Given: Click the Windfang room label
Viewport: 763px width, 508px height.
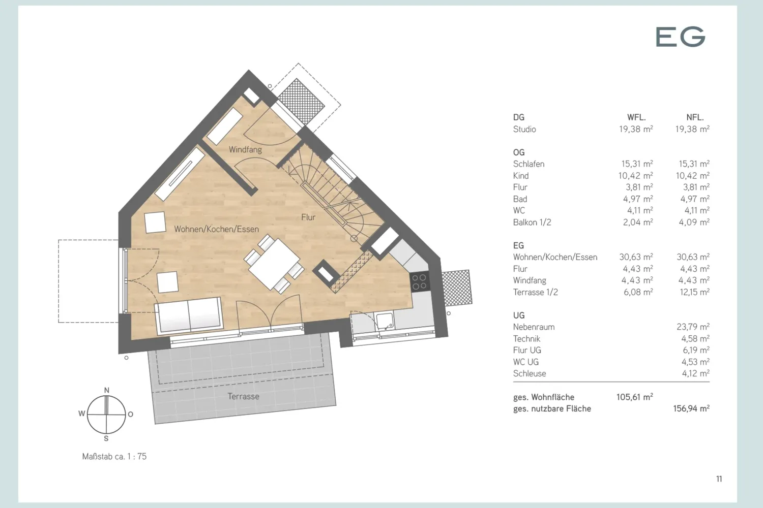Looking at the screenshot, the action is point(245,149).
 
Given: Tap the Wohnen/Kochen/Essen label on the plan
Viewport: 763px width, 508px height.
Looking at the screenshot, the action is point(217,229).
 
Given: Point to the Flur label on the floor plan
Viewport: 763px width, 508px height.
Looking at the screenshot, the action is point(308,217).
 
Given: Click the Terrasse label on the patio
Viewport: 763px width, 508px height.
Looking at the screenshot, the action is point(243,396).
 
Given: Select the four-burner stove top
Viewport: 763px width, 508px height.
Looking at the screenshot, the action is point(419,282).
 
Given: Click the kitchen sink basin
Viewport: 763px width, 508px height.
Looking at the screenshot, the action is point(385,321).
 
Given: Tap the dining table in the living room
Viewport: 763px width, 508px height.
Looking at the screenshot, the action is point(274,264).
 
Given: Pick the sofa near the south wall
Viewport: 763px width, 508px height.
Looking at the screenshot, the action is point(189,315).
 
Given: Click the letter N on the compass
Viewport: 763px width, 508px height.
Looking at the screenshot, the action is point(107,390).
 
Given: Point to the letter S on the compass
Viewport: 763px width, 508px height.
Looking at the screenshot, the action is point(106,438).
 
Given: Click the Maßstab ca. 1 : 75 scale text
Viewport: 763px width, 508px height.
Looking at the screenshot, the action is point(114,456).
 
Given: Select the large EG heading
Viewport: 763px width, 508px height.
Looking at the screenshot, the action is point(680,37).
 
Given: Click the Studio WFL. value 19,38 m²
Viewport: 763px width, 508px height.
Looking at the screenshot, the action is point(636,129).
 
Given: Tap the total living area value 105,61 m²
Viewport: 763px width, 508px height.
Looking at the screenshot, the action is point(635,397).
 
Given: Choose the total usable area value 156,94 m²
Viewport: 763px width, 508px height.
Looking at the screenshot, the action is point(691,408).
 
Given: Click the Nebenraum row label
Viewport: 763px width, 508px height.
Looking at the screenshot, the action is point(534,327).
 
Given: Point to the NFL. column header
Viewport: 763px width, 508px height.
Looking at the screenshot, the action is point(695,117).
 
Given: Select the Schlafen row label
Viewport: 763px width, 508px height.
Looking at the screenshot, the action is point(529,164).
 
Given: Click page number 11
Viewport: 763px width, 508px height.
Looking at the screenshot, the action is point(719,479).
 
